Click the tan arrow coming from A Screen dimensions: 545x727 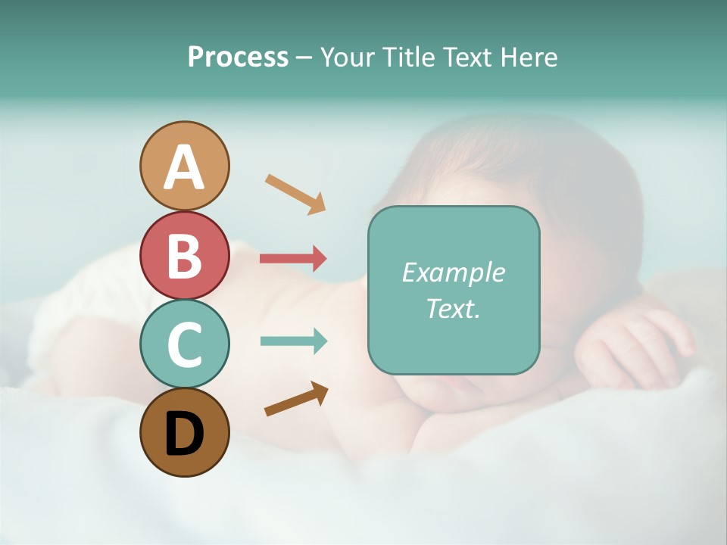tap(295, 194)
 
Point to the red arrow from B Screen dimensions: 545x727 tap(293, 258)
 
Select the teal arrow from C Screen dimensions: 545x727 tap(293, 341)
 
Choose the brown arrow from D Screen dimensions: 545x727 tap(296, 399)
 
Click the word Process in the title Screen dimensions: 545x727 tap(238, 57)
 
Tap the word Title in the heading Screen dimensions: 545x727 tap(410, 57)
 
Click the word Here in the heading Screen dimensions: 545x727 tap(529, 57)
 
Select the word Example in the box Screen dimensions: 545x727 tap(453, 272)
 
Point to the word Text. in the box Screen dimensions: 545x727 tap(453, 308)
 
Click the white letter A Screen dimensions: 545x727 tap(184, 167)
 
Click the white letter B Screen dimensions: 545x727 tap(184, 256)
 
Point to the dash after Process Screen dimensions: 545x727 tap(304, 58)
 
